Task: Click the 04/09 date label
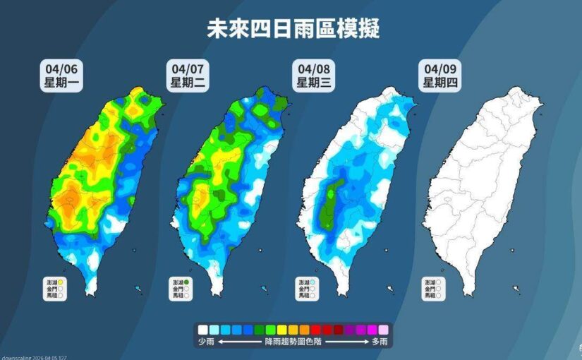click(438, 69)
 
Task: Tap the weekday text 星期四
click(438, 83)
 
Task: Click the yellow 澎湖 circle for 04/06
click(63, 282)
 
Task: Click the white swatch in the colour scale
click(202, 330)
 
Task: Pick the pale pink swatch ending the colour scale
click(383, 330)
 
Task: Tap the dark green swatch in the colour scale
click(260, 330)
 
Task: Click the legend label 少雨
click(205, 342)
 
